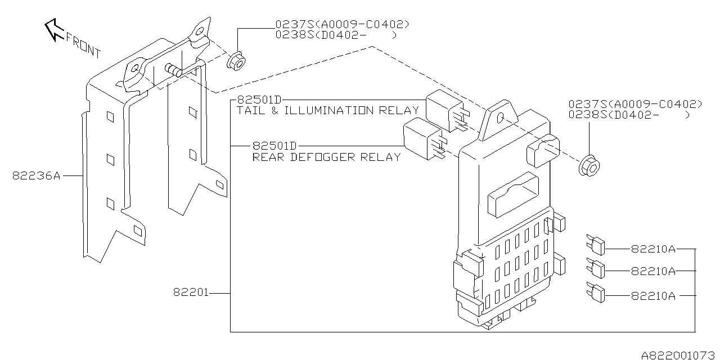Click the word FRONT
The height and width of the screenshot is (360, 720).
click(x=83, y=46)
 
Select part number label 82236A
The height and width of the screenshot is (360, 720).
click(x=36, y=175)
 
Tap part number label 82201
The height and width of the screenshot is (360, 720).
click(x=191, y=292)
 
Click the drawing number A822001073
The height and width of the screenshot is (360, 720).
click(x=679, y=354)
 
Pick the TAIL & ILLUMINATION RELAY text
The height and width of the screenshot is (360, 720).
click(x=328, y=110)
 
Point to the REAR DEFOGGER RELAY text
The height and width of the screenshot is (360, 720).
click(x=326, y=157)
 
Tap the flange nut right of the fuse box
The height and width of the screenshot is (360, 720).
click(x=589, y=164)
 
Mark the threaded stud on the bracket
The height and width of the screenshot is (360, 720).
click(x=173, y=69)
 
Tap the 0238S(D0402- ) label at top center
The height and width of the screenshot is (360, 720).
click(x=336, y=35)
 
